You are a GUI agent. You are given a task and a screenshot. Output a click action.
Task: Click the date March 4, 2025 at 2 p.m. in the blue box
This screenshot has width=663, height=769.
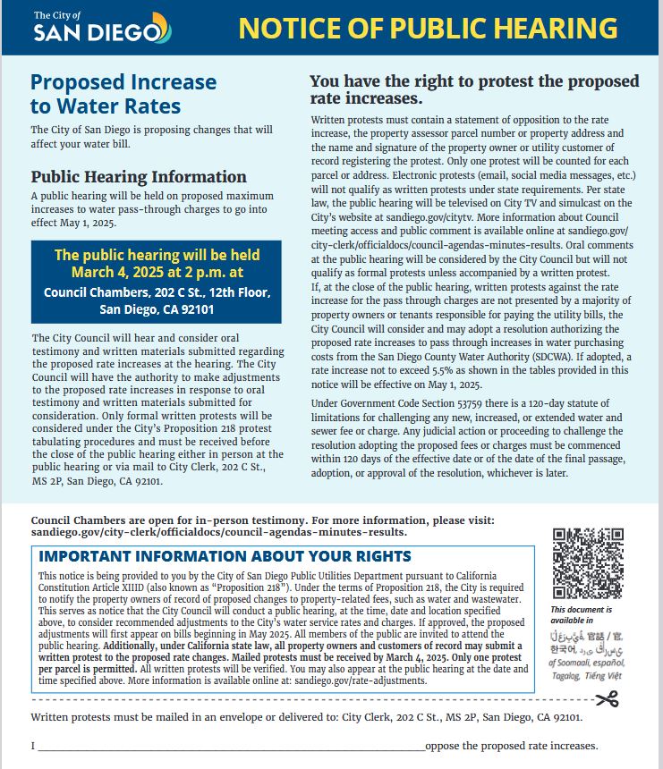[x=157, y=271]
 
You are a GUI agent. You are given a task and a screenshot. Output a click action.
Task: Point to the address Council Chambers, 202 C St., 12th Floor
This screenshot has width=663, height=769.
[x=157, y=292]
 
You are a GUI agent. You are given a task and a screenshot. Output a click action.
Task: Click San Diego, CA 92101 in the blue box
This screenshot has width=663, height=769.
[x=157, y=309]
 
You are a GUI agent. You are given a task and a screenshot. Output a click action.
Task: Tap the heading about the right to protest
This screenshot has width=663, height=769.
[x=474, y=89]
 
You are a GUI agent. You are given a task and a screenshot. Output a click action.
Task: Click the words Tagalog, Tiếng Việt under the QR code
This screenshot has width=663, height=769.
[x=587, y=677]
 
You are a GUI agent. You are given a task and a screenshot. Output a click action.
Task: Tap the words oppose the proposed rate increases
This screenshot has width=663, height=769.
[x=511, y=746]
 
